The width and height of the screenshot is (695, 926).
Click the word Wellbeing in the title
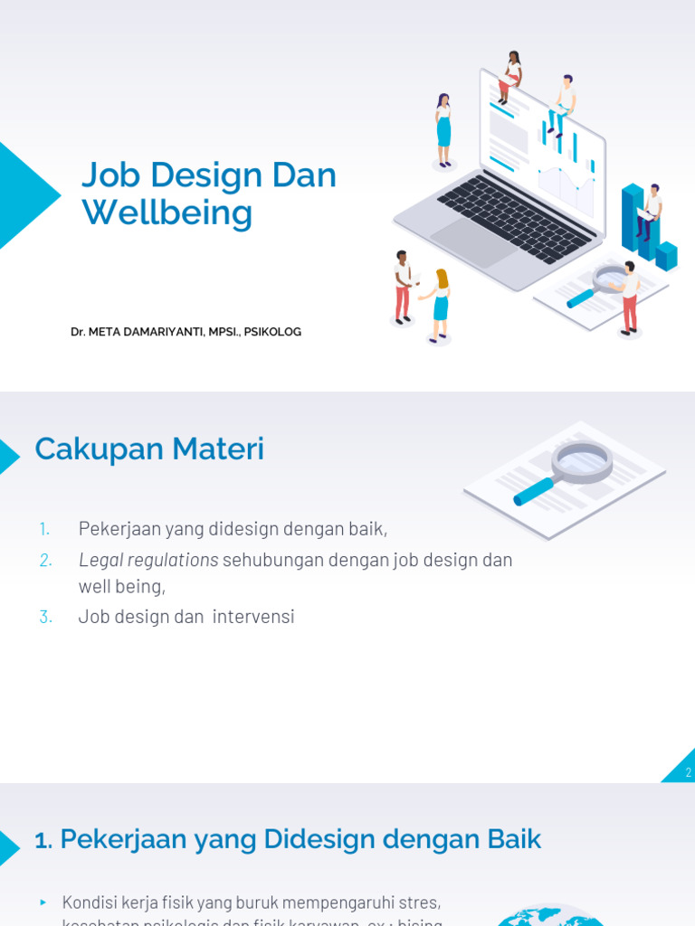click(x=167, y=213)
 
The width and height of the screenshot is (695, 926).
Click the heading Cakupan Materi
click(x=149, y=449)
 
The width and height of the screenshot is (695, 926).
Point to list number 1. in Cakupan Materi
click(x=45, y=529)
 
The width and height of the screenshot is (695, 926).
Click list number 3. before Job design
click(x=46, y=617)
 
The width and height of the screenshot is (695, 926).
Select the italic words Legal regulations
click(x=148, y=560)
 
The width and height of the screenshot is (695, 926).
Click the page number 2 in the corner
click(x=688, y=772)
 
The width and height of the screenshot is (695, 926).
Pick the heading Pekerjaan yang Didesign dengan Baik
click(x=288, y=840)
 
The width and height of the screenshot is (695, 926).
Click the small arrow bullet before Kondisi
click(x=43, y=902)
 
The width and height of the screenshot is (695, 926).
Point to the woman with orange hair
click(x=440, y=304)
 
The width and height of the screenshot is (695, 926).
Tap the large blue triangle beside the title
click(x=23, y=195)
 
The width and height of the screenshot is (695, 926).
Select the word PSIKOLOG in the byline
click(x=272, y=332)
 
